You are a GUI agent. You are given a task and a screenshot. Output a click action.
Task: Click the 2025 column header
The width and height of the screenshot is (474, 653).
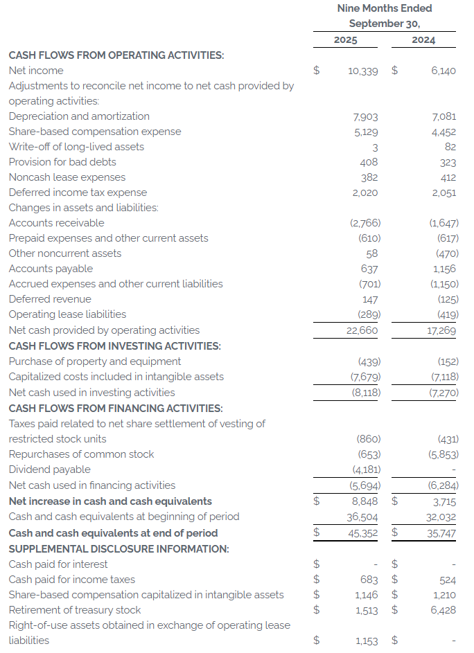click(345, 39)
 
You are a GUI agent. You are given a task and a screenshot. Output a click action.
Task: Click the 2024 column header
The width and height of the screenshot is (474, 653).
click(423, 39)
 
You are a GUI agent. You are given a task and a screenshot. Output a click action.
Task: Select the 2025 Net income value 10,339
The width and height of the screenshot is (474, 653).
click(362, 71)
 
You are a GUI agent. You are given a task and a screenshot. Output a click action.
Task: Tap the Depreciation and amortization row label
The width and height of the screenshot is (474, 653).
click(79, 116)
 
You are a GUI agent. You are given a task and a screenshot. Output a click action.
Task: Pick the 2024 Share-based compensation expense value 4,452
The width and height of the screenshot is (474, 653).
click(443, 132)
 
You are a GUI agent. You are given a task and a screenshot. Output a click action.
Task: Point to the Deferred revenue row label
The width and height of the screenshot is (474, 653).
click(50, 299)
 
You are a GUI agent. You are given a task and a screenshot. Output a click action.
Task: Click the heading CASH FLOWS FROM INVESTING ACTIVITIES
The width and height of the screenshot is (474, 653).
click(115, 346)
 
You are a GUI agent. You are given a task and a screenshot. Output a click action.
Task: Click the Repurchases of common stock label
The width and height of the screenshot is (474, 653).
click(81, 454)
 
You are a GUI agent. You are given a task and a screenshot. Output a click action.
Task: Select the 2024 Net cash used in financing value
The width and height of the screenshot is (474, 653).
click(444, 485)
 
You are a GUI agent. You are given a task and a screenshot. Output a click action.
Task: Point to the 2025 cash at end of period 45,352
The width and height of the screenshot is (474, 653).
click(362, 533)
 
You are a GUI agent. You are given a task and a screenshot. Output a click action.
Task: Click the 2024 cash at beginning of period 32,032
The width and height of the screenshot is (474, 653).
click(440, 517)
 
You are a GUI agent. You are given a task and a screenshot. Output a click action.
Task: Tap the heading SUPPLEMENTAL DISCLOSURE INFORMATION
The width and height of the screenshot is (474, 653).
click(119, 548)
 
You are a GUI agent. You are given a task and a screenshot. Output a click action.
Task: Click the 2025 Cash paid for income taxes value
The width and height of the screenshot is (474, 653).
click(369, 580)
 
